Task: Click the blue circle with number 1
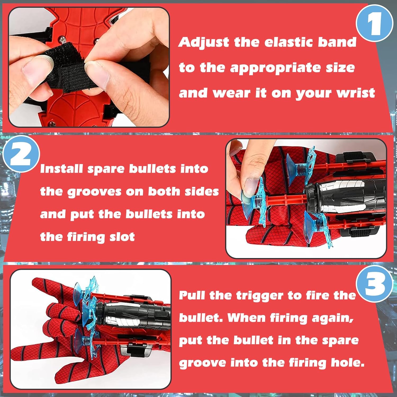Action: tap(374, 23)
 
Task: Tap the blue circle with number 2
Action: tap(21, 154)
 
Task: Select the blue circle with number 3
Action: tap(375, 284)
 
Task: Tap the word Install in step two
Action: tap(61, 169)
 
